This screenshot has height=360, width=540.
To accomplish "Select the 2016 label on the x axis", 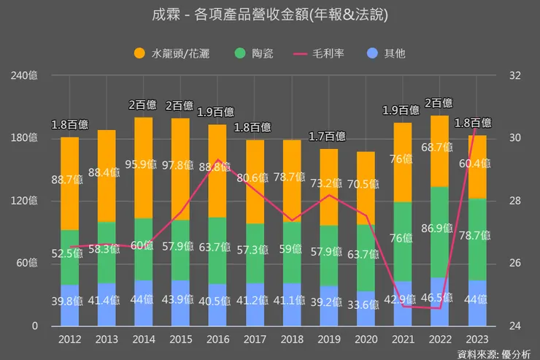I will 217,338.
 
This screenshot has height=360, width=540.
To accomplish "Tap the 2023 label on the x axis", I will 477,338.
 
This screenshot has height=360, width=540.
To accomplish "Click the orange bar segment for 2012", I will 69,183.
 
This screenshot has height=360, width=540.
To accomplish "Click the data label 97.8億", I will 181,164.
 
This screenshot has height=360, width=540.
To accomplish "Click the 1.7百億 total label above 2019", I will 328,136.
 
